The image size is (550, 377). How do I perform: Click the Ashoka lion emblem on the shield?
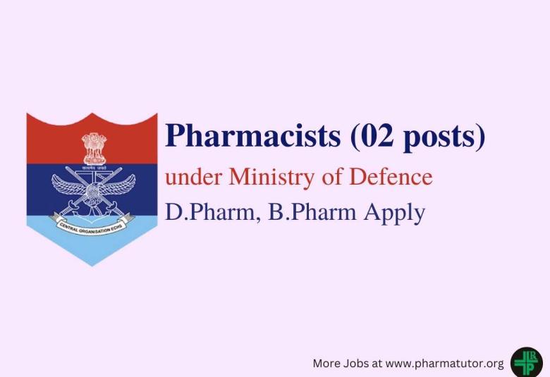92,146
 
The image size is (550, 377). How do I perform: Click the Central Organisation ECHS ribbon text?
92,227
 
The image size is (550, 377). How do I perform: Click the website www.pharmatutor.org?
445,364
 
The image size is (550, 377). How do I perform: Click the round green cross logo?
526,362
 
